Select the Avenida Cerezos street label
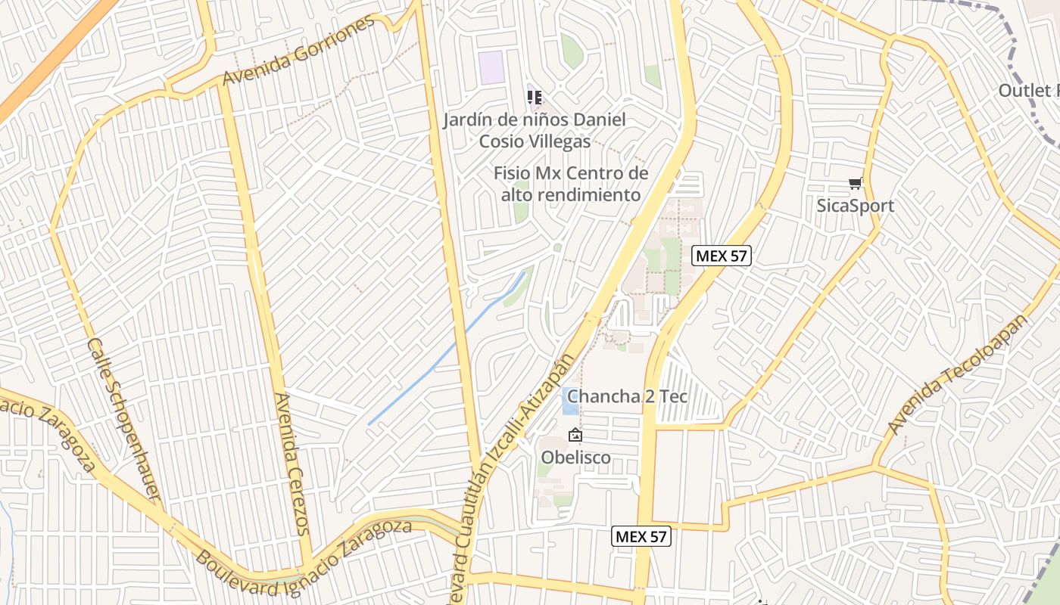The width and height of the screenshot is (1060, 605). [x=292, y=464]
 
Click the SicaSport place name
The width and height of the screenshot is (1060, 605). [x=856, y=206]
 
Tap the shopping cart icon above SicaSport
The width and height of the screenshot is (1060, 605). [x=856, y=182]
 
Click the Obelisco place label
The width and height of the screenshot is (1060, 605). [x=575, y=458]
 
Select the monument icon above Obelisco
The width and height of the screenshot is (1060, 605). [x=575, y=435]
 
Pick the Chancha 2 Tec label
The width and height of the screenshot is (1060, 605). [x=627, y=396]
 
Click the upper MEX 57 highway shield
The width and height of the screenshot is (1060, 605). [x=722, y=256]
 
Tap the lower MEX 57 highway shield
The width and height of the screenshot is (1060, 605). [x=641, y=536]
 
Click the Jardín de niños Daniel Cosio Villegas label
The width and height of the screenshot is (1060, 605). [x=535, y=130]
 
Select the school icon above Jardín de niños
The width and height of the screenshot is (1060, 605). [x=535, y=97]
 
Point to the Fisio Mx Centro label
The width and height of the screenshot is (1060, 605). [x=571, y=184]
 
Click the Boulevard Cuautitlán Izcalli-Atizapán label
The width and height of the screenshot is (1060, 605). [x=516, y=469]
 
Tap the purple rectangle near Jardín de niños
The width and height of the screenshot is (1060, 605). [x=492, y=67]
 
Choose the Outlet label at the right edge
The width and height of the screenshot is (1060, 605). [x=1028, y=91]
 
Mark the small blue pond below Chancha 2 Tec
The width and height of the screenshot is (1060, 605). [x=570, y=409]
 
